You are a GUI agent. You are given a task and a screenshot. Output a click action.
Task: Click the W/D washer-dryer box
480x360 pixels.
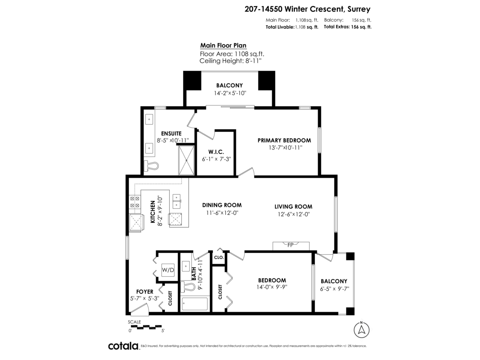tap(168, 270)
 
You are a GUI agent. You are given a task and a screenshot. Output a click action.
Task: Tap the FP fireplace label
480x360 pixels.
tap(290, 245)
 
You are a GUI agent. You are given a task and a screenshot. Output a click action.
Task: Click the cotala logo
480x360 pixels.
tap(123, 346)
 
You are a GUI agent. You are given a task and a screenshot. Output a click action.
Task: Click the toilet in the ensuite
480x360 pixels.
tap(151, 165)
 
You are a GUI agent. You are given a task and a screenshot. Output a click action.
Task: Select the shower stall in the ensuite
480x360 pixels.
tap(186, 160)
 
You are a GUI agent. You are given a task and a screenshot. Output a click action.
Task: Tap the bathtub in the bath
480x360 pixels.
tap(195, 304)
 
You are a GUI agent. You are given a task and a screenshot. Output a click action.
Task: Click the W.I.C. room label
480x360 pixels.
tap(216, 152)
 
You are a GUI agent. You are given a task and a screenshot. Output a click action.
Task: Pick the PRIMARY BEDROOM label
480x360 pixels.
tap(284, 140)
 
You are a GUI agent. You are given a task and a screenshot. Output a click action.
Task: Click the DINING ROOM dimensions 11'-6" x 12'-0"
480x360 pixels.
tap(222, 213)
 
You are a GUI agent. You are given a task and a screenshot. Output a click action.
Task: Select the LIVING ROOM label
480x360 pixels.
tap(293, 206)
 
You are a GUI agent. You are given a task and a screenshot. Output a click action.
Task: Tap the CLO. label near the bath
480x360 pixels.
tap(219, 258)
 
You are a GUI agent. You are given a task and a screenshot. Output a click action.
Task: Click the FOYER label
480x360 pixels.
tap(145, 292)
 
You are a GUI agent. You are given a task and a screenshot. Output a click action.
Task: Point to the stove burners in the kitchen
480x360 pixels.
tap(134, 202)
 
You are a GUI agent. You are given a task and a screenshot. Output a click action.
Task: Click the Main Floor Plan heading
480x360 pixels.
tap(223, 46)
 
